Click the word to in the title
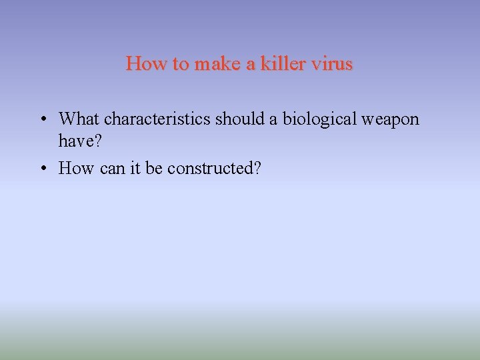pyautogui.click(x=180, y=64)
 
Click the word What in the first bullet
pyautogui.click(x=79, y=119)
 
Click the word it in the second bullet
pyautogui.click(x=135, y=169)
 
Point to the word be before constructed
pyautogui.click(x=154, y=169)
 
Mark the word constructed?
pyautogui.click(x=214, y=169)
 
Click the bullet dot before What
pyautogui.click(x=43, y=120)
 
